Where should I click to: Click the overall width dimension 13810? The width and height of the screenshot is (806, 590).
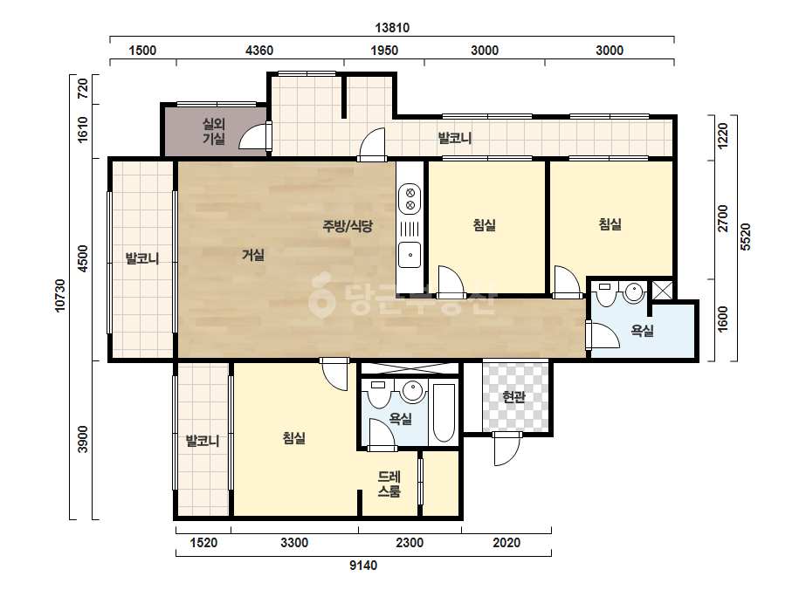pyautogui.click(x=392, y=28)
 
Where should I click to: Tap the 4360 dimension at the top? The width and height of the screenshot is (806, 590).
pyautogui.click(x=259, y=51)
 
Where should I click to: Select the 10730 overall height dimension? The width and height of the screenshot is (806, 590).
pyautogui.click(x=60, y=296)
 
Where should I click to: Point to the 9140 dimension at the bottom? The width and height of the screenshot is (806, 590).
pyautogui.click(x=363, y=566)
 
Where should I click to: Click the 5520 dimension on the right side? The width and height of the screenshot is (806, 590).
pyautogui.click(x=746, y=237)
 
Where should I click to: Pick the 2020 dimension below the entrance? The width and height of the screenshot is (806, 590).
pyautogui.click(x=506, y=543)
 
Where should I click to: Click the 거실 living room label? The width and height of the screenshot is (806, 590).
pyautogui.click(x=253, y=255)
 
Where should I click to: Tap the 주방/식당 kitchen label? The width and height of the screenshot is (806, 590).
pyautogui.click(x=348, y=226)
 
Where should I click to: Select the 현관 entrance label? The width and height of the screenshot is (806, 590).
pyautogui.click(x=514, y=396)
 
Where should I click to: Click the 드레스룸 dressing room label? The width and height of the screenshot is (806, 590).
pyautogui.click(x=389, y=484)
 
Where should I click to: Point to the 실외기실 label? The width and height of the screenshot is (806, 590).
pyautogui.click(x=214, y=131)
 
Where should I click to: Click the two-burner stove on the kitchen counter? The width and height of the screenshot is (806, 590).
pyautogui.click(x=410, y=199)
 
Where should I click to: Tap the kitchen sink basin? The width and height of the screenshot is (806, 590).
pyautogui.click(x=410, y=255)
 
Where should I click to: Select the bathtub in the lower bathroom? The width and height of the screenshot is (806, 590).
pyautogui.click(x=444, y=413)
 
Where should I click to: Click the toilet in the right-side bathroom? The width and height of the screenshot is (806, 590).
pyautogui.click(x=605, y=293)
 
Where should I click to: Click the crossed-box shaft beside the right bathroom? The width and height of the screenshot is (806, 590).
pyautogui.click(x=662, y=291)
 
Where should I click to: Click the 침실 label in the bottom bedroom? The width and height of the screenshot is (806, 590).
pyautogui.click(x=294, y=438)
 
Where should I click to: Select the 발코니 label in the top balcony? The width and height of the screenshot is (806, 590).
pyautogui.click(x=455, y=138)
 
